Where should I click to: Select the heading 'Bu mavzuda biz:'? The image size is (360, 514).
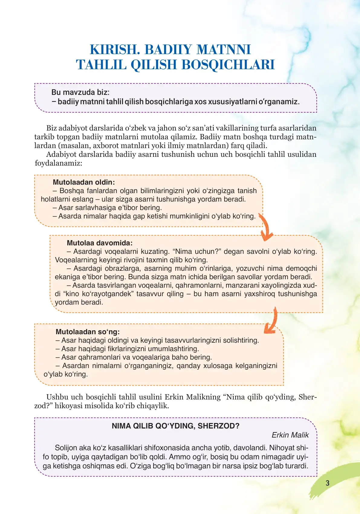(x=80, y=92)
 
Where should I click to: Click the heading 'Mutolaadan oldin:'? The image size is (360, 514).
(x=84, y=182)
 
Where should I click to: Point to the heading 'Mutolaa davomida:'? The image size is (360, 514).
(x=100, y=243)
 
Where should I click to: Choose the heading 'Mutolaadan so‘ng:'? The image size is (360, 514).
(x=88, y=332)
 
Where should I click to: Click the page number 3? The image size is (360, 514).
(x=327, y=483)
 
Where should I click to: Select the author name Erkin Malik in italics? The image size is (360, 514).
(x=290, y=435)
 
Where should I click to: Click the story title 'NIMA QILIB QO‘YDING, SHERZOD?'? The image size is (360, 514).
(x=175, y=426)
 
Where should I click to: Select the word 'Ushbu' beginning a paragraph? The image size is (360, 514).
(x=57, y=397)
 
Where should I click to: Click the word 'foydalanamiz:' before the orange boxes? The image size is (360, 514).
(x=58, y=163)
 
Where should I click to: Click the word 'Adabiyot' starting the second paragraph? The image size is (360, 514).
(x=61, y=154)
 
